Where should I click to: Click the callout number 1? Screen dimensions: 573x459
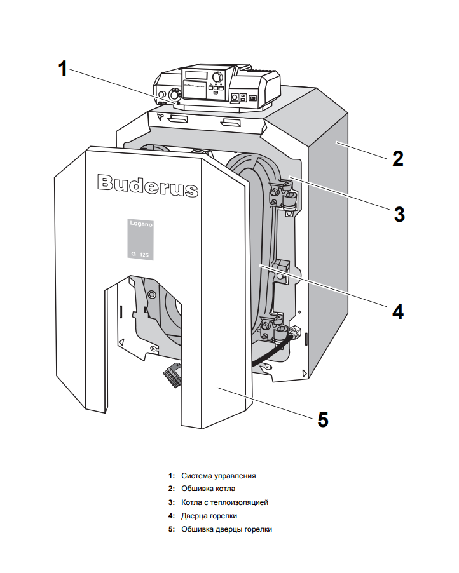tap(62, 68)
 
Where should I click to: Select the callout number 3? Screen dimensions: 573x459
tap(399, 213)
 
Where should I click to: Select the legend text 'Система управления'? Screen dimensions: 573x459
tap(218, 475)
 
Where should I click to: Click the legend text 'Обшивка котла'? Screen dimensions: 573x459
tap(208, 489)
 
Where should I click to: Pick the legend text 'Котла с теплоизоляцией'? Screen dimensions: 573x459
tap(224, 502)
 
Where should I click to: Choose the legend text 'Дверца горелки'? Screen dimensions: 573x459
tap(209, 515)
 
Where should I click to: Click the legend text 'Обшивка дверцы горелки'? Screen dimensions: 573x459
tap(226, 529)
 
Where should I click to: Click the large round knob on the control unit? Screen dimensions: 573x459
tap(217, 77)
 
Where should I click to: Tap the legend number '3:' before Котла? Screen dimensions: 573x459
tap(172, 502)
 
